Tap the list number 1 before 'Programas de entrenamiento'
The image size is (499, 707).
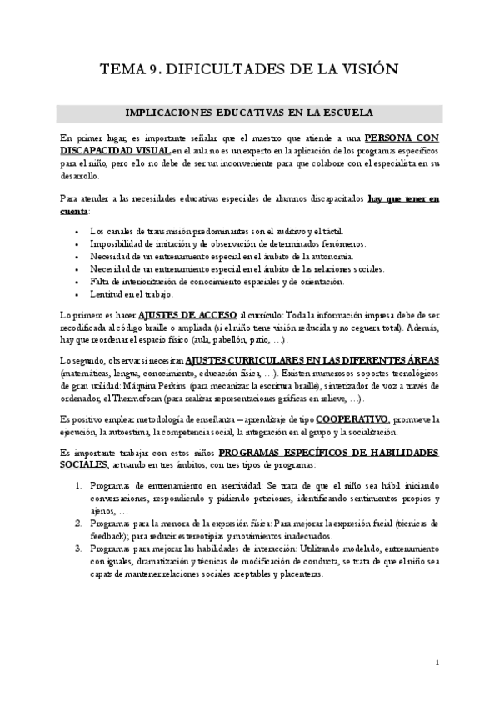click(x=78, y=484)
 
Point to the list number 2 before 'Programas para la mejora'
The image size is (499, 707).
click(x=78, y=523)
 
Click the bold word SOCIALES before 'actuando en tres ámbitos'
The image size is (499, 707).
click(x=84, y=464)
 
